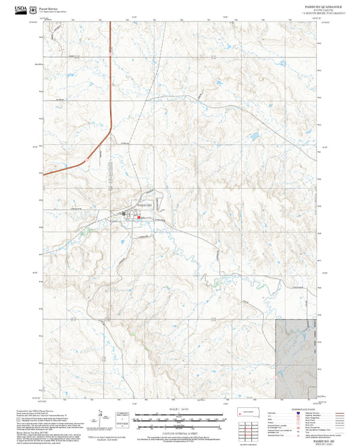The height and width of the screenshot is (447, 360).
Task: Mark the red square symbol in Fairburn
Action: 138,217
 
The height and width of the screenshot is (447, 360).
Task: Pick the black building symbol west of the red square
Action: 124,214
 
